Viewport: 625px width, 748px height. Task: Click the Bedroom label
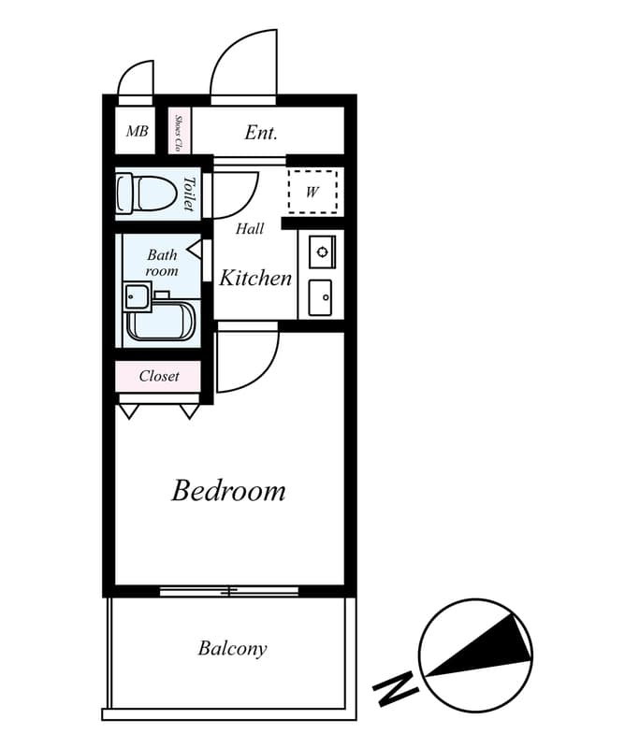[228, 491]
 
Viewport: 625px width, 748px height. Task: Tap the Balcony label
[232, 648]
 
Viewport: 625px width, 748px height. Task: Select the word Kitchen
[254, 278]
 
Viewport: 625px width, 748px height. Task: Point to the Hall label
[249, 229]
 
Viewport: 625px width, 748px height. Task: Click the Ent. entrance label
[261, 133]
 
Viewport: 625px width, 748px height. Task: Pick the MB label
[137, 132]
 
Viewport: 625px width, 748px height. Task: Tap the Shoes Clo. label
[178, 133]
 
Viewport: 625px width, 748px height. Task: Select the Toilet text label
[188, 194]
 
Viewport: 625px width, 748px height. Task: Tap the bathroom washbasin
[137, 296]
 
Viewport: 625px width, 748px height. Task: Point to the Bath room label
[161, 262]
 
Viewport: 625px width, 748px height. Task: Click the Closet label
[158, 376]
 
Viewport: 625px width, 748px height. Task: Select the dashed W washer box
[312, 193]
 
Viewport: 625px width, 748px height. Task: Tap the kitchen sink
[321, 297]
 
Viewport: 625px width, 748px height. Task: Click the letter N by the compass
[395, 690]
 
